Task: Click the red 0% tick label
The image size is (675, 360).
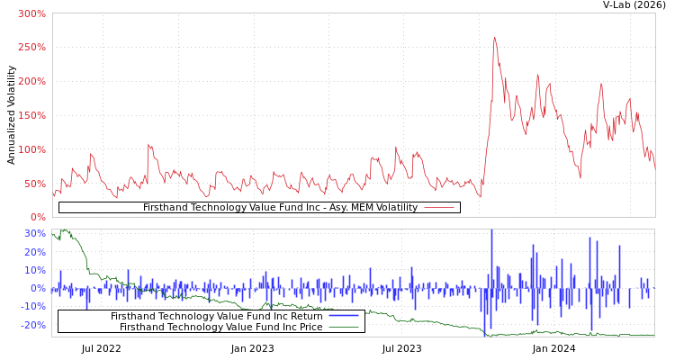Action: (x=37, y=217)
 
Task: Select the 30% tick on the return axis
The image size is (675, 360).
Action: (x=35, y=233)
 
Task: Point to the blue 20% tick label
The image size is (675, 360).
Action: (x=35, y=252)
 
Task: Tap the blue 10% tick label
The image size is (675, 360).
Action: (x=35, y=270)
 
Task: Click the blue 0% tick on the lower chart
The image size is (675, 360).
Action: (x=38, y=288)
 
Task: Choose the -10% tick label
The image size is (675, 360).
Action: (x=33, y=306)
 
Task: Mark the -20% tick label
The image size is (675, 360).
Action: (x=33, y=325)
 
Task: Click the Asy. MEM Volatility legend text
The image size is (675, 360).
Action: (x=280, y=207)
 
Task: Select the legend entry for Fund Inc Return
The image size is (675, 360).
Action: (x=216, y=316)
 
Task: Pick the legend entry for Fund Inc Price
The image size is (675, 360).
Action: (x=221, y=327)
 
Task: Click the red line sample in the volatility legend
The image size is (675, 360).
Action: (x=438, y=207)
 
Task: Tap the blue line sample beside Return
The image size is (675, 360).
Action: (x=344, y=316)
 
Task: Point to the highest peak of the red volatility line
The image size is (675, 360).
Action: (x=494, y=38)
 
